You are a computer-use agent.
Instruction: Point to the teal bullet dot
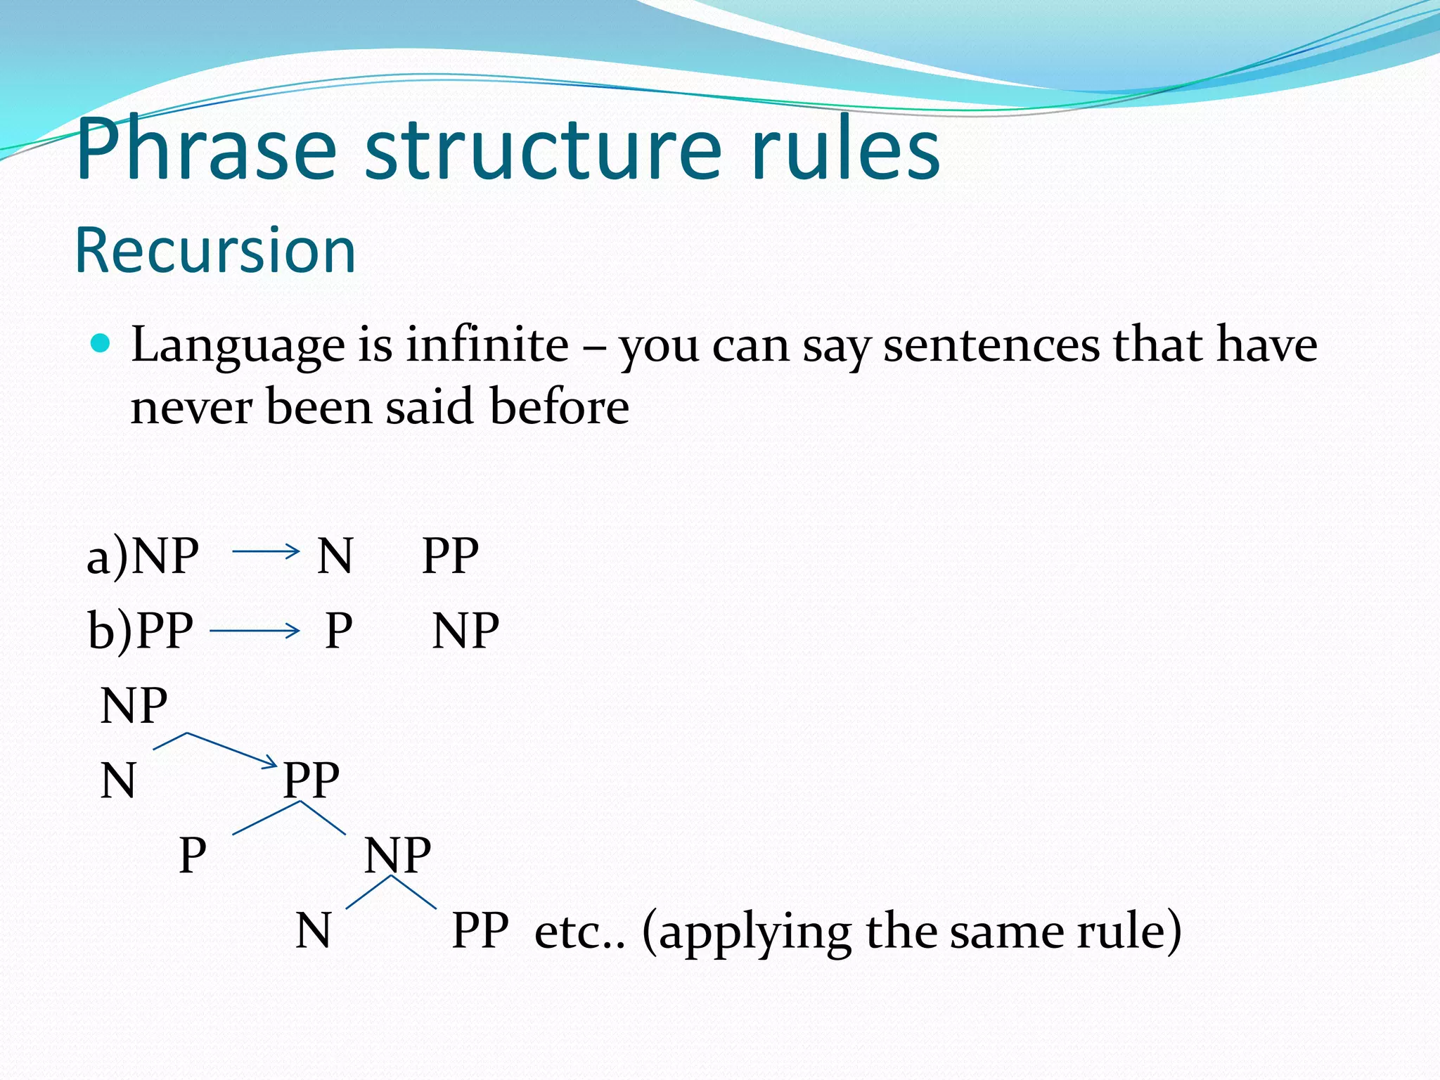tap(101, 344)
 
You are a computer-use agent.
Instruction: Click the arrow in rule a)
tap(266, 551)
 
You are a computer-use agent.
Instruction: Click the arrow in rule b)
tap(255, 631)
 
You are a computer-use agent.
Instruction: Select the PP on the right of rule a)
tap(450, 555)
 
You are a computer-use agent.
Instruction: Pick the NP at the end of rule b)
tap(465, 631)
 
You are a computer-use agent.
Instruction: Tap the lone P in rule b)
tap(339, 631)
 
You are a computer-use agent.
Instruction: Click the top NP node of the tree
tap(134, 705)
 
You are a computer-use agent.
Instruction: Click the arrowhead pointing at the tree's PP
tap(271, 761)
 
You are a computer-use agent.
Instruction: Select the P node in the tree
tap(193, 855)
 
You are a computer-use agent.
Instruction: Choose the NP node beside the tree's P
tap(397, 855)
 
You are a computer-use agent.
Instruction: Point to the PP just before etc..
tap(480, 931)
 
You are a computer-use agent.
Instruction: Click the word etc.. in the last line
tap(579, 932)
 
